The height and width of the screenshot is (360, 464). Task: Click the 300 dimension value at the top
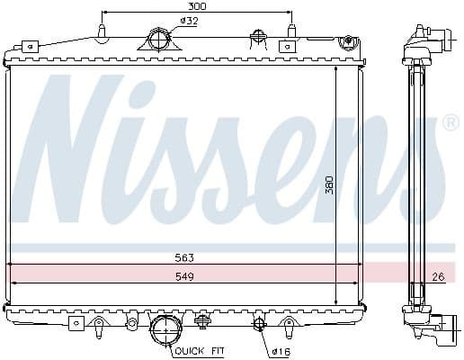click(x=196, y=6)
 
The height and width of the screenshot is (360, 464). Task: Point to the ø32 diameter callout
click(x=190, y=21)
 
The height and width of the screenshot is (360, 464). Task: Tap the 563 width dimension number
click(x=184, y=256)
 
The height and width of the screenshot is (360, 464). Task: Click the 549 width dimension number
click(x=184, y=276)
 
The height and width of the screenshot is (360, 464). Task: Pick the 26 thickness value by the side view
click(x=438, y=276)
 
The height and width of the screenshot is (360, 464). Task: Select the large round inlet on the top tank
click(x=159, y=40)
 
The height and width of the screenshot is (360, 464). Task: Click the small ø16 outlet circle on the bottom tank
click(x=259, y=324)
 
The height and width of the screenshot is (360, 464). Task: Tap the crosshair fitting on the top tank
click(x=259, y=37)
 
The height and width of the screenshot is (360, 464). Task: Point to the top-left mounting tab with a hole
click(x=29, y=45)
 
